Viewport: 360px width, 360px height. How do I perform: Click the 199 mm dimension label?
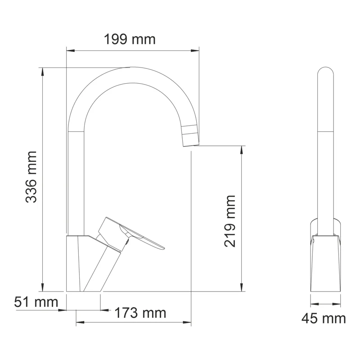(130, 40)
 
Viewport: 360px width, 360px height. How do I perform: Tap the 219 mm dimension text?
(230, 221)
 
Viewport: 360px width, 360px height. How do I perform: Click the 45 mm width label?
(324, 319)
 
